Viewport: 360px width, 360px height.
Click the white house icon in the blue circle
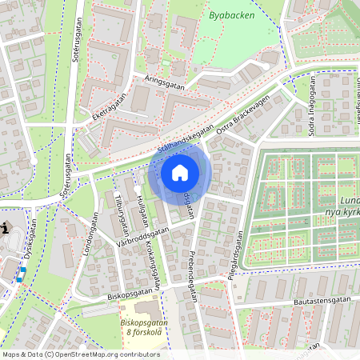pyautogui.click(x=180, y=173)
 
